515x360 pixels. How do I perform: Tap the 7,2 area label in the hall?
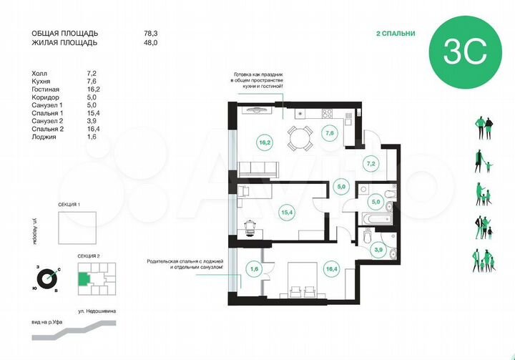(x=370, y=164)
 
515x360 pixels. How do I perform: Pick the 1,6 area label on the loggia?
(x=254, y=269)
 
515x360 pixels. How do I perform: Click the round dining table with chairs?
(x=299, y=137)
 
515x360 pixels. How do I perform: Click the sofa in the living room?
(x=257, y=170)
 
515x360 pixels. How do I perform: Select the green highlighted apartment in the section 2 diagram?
(x=84, y=279)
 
